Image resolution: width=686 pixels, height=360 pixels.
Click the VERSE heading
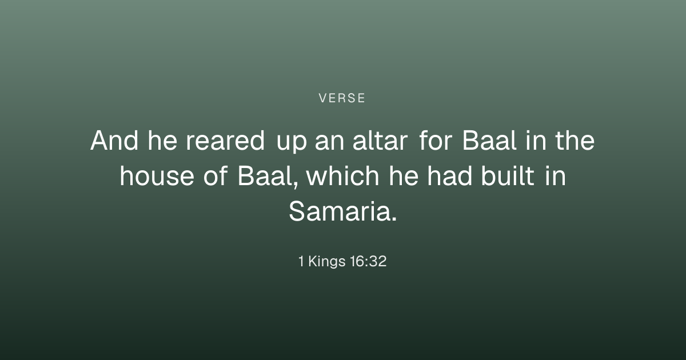pos(342,98)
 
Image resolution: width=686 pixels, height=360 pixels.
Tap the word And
pos(114,140)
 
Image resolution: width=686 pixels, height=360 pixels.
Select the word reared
pos(225,140)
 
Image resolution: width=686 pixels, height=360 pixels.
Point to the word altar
pos(380,140)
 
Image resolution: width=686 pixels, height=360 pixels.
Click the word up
pos(292,143)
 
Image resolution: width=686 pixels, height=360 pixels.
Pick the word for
pos(436,140)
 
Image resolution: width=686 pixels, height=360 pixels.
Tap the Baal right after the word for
pos(489,140)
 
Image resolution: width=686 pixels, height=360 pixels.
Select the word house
pos(157,176)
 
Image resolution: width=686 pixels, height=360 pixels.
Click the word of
pos(216,176)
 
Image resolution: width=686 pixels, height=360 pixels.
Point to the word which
pos(343,176)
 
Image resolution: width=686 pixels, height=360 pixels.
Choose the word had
pos(449,176)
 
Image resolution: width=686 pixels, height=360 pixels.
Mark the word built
pos(508,176)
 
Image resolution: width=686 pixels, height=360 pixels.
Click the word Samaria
pos(342,211)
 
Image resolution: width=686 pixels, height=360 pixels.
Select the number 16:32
pos(368,261)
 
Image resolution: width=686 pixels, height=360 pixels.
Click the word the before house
pos(575,140)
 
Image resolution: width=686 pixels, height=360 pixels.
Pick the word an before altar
pos(329,143)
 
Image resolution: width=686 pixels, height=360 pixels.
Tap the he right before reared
pos(162,140)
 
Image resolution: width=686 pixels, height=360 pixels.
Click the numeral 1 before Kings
pos(301,261)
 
